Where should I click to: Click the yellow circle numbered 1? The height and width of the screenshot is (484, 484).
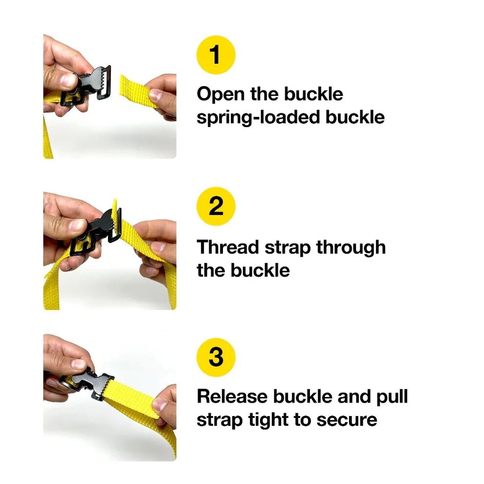216,54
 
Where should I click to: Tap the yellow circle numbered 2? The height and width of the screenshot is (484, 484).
216,206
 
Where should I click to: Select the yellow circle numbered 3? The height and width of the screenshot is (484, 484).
216,357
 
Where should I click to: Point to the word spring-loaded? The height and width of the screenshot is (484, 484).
254,117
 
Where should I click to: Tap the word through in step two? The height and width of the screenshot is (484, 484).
351,247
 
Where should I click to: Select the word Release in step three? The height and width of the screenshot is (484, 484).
232,396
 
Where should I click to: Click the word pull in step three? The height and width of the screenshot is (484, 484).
392,396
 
